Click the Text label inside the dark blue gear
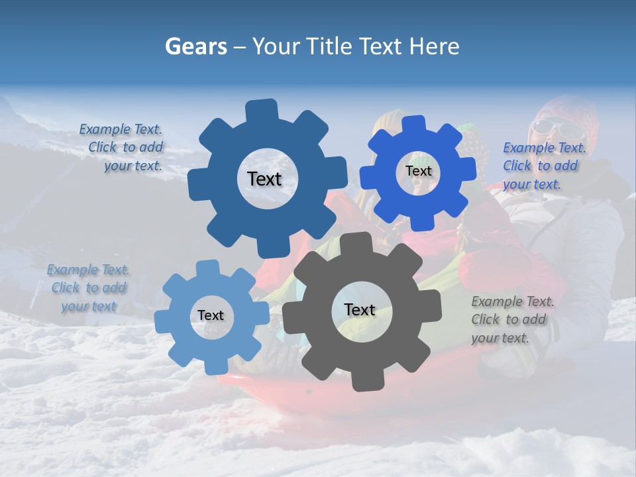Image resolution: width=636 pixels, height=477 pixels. [264, 179]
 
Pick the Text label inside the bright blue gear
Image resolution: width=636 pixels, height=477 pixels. [418, 171]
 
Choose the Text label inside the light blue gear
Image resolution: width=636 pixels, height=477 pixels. [211, 316]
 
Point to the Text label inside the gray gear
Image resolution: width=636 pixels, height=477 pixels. [360, 310]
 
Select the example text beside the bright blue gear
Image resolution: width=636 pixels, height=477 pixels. [543, 166]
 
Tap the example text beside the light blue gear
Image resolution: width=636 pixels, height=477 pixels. [89, 288]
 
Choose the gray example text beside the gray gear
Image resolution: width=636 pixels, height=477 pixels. [511, 319]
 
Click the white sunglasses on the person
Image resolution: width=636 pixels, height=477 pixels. [555, 126]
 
